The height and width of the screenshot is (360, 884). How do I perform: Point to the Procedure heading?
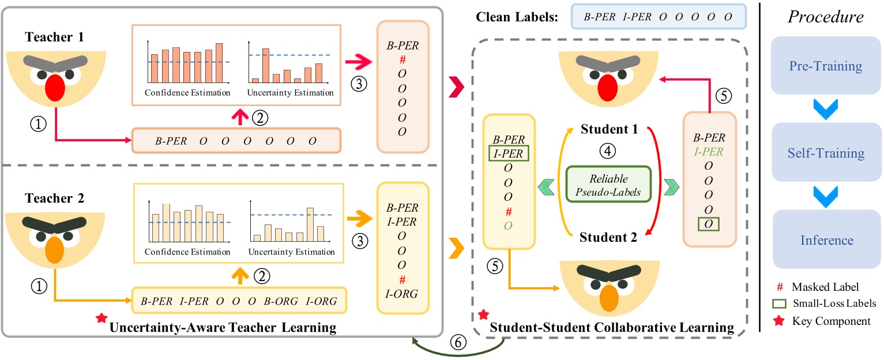(825, 17)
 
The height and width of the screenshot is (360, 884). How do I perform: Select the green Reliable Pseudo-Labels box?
(608, 184)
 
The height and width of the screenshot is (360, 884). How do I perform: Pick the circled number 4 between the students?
(609, 151)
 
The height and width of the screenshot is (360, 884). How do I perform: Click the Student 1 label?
(609, 129)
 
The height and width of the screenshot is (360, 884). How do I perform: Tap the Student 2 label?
(609, 237)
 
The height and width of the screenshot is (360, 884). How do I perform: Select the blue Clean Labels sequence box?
(658, 17)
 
